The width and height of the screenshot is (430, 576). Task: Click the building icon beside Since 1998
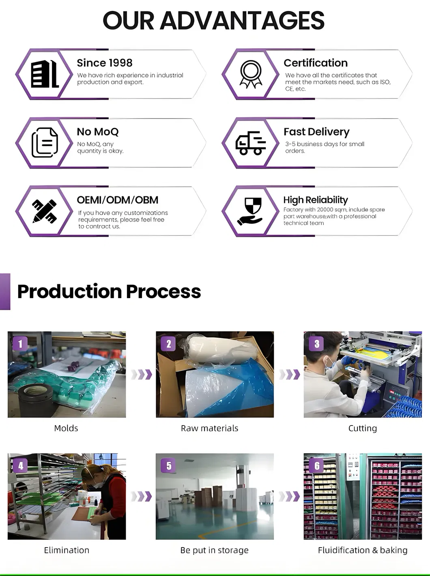(45, 74)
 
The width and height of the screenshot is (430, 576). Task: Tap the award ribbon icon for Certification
(251, 74)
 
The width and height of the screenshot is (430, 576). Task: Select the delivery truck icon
(251, 143)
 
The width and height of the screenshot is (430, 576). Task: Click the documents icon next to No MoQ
(45, 142)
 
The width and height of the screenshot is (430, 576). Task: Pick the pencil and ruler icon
(45, 211)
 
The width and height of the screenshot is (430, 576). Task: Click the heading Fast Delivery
(316, 132)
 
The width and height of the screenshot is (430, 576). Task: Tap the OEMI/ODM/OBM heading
(118, 200)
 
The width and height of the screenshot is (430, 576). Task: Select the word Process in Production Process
(163, 292)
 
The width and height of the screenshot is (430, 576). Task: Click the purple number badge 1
(20, 344)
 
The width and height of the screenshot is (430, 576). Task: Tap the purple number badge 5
(168, 466)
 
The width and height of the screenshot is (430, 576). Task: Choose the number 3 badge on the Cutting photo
(317, 344)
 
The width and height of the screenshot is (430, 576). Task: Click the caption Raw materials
(209, 428)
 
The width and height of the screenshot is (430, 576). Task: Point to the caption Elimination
(67, 550)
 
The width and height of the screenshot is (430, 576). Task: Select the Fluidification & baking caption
(363, 550)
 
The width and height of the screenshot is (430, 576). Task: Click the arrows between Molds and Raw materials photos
(141, 374)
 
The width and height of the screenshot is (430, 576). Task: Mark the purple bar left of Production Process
(5, 292)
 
